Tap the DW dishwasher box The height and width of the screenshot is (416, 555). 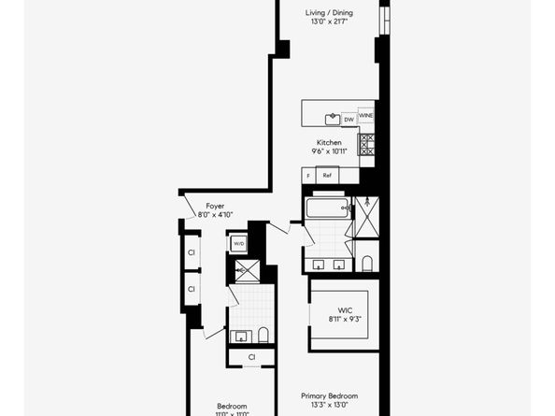tap(349, 119)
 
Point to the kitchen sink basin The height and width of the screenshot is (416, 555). tap(332, 119)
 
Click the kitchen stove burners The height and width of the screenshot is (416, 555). tap(367, 144)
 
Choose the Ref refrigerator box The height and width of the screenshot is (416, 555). tap(328, 175)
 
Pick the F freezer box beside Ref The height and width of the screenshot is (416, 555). tap(308, 175)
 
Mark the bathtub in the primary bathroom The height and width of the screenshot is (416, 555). tap(327, 207)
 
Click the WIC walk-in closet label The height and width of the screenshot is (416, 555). tap(343, 309)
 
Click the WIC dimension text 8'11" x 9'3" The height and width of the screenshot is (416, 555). tap(343, 319)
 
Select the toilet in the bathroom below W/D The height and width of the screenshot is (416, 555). tap(263, 335)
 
